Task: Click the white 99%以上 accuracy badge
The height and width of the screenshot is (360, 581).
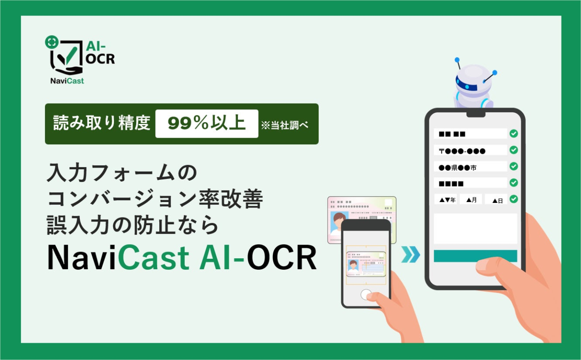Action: [207, 124]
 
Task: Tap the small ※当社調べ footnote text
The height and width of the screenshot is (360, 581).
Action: [285, 125]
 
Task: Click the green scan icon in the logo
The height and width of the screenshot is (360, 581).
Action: [52, 42]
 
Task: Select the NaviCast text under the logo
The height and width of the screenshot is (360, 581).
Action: [67, 81]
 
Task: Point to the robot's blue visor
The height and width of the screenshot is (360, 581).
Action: [466, 84]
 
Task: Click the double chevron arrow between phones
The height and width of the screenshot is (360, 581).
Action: [411, 254]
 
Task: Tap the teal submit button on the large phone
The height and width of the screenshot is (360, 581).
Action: [475, 256]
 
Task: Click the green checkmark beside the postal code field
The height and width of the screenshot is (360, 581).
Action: [513, 150]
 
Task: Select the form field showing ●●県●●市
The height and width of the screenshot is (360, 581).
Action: [470, 167]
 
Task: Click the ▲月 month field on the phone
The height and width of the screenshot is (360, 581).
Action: [471, 199]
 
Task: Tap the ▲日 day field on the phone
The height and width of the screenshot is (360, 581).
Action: [496, 199]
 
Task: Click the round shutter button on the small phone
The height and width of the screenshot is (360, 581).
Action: [366, 295]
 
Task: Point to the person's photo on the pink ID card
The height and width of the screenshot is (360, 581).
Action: [339, 223]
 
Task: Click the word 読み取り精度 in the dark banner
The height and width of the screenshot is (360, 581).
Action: [102, 123]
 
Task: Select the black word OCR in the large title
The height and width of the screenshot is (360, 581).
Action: [282, 257]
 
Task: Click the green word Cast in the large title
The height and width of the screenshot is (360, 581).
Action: [153, 257]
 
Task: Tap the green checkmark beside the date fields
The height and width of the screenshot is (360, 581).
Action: [513, 199]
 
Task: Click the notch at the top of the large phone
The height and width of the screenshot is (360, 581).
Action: [476, 114]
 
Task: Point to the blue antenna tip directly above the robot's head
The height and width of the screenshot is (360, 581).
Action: [457, 60]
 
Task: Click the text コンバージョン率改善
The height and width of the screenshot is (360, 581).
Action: [155, 199]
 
